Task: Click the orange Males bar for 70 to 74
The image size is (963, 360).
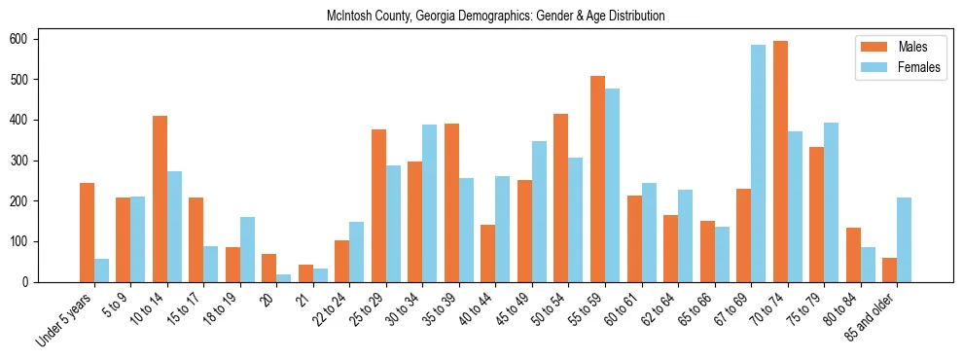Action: point(780,162)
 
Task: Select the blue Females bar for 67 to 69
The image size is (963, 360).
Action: point(758,163)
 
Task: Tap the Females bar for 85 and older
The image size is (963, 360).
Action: point(904,240)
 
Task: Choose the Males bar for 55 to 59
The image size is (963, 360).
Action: point(597,179)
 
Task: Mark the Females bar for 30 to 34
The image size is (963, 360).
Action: point(430,203)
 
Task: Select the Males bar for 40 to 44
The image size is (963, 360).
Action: point(488,253)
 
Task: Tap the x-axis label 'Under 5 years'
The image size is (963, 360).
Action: point(65,316)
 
